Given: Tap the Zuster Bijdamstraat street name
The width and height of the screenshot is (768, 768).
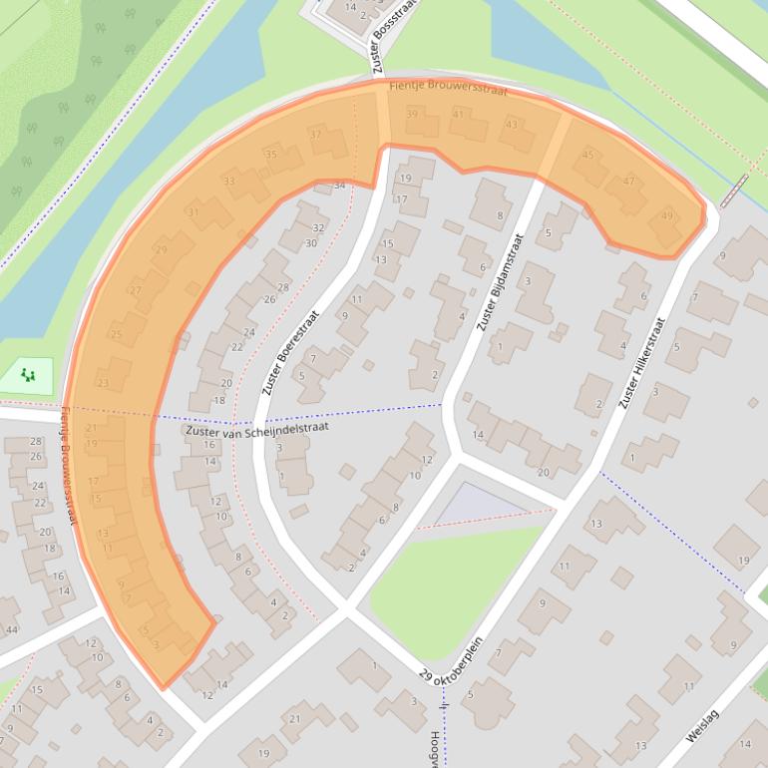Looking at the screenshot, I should tap(500, 283).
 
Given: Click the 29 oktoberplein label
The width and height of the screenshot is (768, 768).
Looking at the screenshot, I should tap(451, 661).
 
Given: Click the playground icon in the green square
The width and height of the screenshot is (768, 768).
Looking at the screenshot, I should tap(28, 376).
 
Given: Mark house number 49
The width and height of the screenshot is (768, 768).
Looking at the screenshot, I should tap(666, 216).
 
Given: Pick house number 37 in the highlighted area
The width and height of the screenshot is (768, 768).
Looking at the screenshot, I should tap(315, 135).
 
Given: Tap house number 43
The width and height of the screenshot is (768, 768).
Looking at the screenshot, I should tap(512, 125).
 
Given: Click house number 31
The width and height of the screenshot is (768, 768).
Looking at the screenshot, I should tap(192, 212).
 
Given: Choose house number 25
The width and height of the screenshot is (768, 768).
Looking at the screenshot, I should tap(116, 334).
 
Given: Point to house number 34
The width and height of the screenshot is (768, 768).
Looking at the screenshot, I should tap(339, 186).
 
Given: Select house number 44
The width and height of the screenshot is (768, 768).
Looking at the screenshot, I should tap(11, 630).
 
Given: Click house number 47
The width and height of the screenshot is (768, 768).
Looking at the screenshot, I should tap(628, 182).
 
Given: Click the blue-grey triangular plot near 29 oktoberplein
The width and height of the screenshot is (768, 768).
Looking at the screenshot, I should tap(474, 504).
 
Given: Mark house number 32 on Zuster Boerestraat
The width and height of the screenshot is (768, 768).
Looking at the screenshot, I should tap(318, 228).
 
